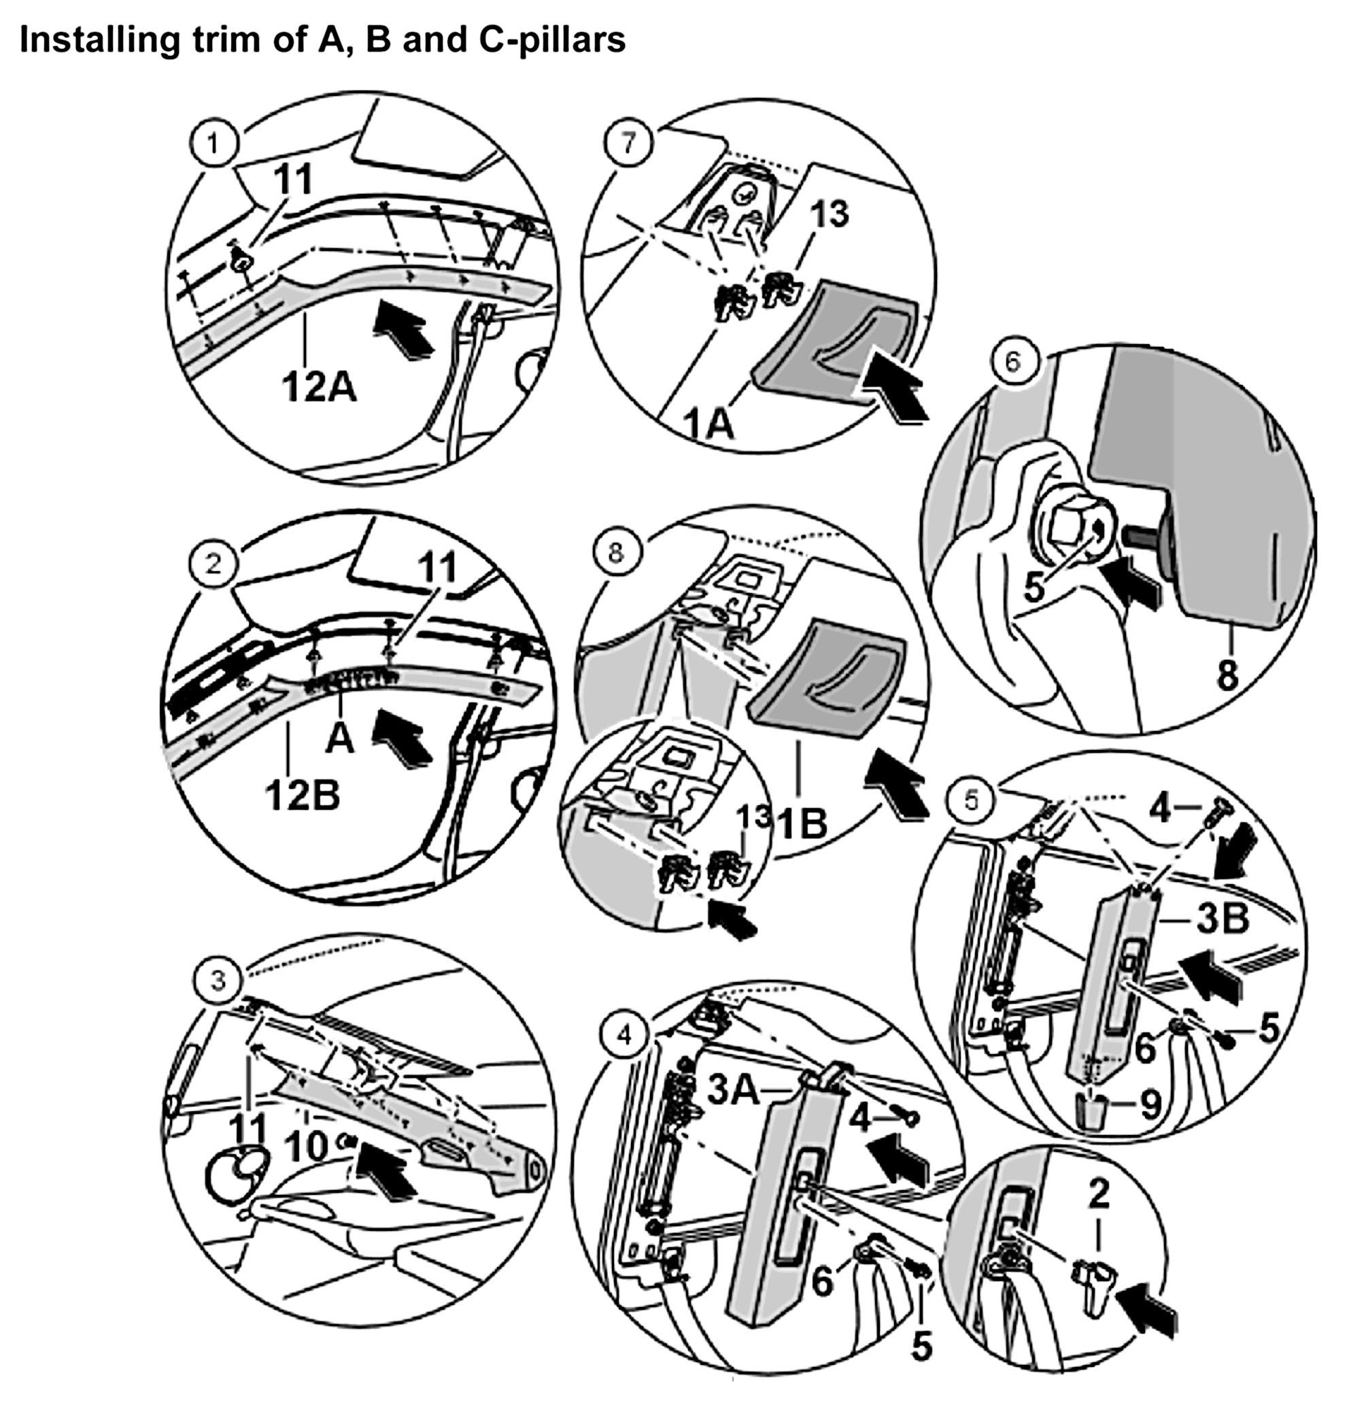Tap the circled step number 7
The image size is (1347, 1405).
tap(628, 143)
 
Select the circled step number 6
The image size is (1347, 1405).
tap(1012, 362)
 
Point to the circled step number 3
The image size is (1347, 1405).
tap(218, 979)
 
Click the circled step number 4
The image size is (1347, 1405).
tap(625, 1034)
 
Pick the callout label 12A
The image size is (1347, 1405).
tap(319, 388)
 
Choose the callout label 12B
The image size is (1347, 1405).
tap(303, 795)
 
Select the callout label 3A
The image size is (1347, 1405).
tap(734, 1090)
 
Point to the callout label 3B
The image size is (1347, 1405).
tap(1223, 919)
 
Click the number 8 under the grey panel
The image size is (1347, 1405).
tap(1228, 675)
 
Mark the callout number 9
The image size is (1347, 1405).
tap(1150, 1104)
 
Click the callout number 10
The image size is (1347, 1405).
tap(307, 1146)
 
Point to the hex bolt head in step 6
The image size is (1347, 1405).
tap(1066, 531)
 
